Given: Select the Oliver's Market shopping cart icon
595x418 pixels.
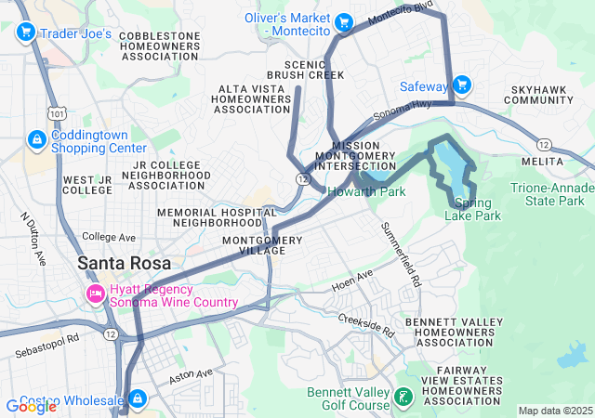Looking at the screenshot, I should (x=344, y=21).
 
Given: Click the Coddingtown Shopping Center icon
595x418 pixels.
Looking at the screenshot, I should (x=36, y=139).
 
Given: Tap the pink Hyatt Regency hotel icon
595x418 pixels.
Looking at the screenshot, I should (x=95, y=294).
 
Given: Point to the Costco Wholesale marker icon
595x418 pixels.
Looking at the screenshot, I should (x=137, y=399).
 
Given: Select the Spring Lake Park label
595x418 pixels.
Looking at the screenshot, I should (x=478, y=210).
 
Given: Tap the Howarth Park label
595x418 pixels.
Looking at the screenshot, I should (x=365, y=192).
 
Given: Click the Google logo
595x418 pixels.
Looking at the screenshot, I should (x=32, y=406).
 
